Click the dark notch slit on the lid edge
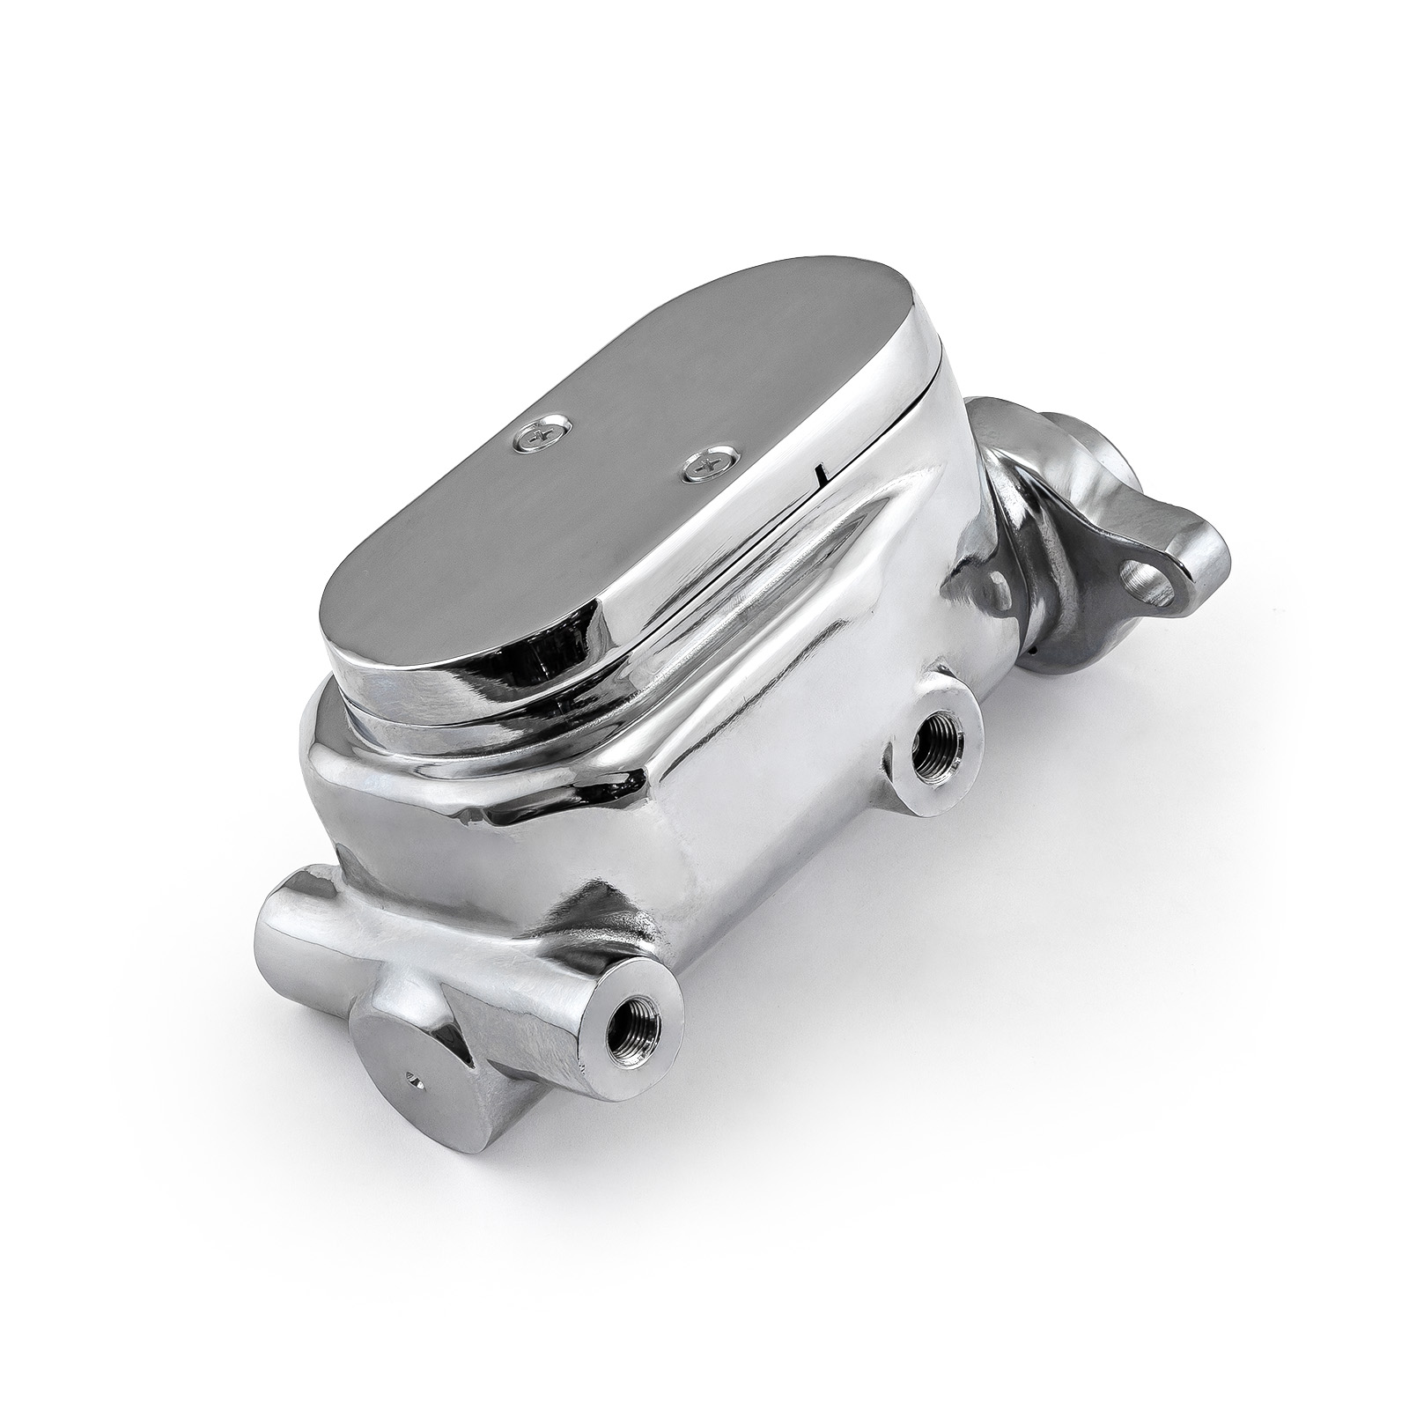tap(821, 476)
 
